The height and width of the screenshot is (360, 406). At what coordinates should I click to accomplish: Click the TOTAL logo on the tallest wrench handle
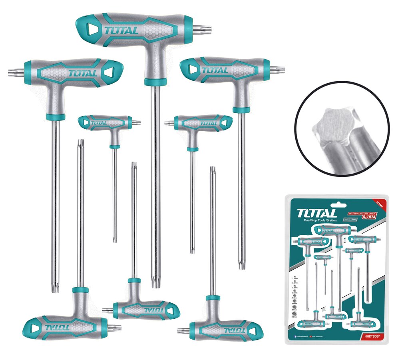coord(121,30)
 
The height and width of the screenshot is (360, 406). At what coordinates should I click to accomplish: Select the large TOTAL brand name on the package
coord(316,212)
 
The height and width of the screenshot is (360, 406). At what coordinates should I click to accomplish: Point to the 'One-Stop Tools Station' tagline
coord(320,220)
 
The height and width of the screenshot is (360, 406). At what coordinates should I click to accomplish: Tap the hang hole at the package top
coord(338,198)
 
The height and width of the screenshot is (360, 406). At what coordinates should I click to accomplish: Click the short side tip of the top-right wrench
coord(277,70)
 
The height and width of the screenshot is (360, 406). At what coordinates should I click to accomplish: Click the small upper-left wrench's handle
coord(105,122)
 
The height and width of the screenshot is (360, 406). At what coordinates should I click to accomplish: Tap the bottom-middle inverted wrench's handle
coord(146,309)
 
